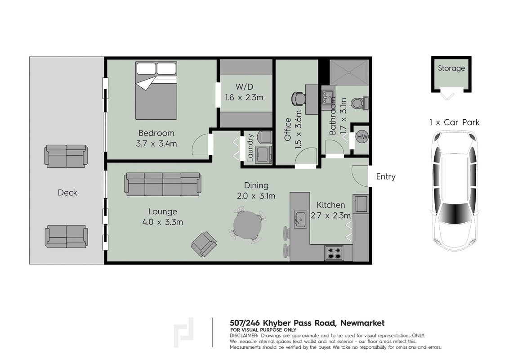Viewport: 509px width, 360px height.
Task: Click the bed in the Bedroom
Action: coord(156,90)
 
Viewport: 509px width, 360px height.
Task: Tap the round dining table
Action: coord(247,225)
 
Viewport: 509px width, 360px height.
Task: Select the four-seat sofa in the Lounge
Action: coord(162,184)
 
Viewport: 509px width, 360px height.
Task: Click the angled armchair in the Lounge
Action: coord(204,244)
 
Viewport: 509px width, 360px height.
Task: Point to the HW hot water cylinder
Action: coord(362,136)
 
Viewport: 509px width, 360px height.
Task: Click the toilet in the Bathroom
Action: coord(360,103)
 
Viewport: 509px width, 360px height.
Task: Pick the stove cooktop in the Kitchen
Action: coord(334,253)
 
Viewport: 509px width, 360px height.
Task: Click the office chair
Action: coord(298,99)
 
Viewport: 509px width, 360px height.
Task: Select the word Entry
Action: coord(386,177)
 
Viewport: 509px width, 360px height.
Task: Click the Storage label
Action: coord(451,68)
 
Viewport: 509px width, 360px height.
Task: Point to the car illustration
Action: coord(455,191)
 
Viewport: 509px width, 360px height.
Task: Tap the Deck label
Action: coord(67,193)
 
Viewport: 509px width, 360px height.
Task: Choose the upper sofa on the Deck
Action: coord(66,156)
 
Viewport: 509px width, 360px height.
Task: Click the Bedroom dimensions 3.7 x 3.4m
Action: coord(156,144)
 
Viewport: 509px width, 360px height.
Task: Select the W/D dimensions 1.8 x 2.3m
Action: coord(245,98)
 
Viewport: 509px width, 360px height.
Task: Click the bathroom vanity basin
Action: coord(328,96)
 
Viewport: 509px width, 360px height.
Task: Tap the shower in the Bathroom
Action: coord(349,72)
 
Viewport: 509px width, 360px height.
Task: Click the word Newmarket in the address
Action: coord(362,323)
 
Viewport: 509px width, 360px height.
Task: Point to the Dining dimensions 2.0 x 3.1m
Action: coord(256,196)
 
